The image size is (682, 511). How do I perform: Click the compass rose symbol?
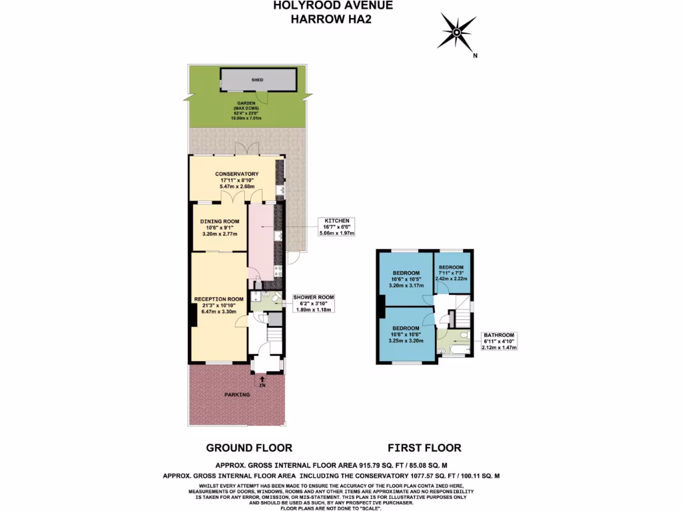456,31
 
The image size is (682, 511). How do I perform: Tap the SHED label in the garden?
256,80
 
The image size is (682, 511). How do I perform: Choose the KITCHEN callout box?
337,227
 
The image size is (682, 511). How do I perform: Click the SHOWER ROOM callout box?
313,303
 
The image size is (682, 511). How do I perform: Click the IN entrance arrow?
262,381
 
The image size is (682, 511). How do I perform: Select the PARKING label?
237,395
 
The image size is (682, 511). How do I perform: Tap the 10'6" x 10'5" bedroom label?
406,280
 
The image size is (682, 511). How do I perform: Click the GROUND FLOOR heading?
249,448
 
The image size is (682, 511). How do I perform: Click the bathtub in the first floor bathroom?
458,347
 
